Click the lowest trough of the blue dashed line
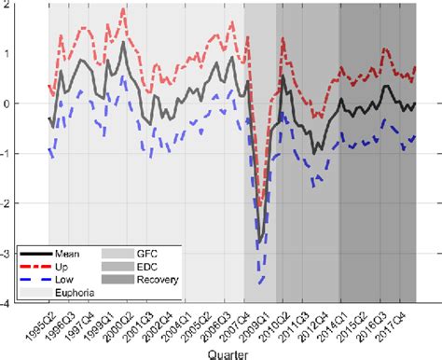coord(262,283)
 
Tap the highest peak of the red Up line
coord(124,8)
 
